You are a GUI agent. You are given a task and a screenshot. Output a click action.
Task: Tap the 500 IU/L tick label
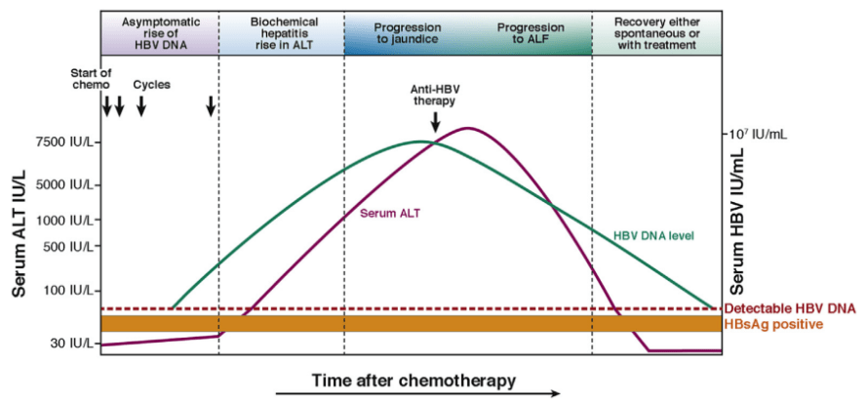(x=67, y=246)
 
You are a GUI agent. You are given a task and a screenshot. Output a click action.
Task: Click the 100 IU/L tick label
(x=67, y=290)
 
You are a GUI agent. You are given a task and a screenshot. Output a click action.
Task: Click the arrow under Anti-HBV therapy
(x=435, y=122)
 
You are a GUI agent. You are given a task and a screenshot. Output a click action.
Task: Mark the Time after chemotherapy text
(x=414, y=378)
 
